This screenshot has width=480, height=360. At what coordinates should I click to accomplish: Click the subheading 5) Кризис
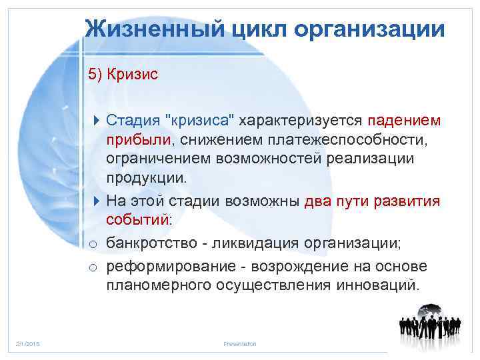pyautogui.click(x=123, y=73)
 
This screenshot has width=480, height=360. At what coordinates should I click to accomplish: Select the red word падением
pyautogui.click(x=403, y=121)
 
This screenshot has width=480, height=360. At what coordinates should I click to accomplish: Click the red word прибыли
pyautogui.click(x=137, y=141)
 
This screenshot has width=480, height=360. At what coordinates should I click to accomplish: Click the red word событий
pyautogui.click(x=137, y=219)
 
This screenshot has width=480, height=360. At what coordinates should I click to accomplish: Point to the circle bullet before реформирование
pyautogui.click(x=95, y=267)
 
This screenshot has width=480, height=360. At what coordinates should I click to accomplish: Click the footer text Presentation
pyautogui.click(x=240, y=344)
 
